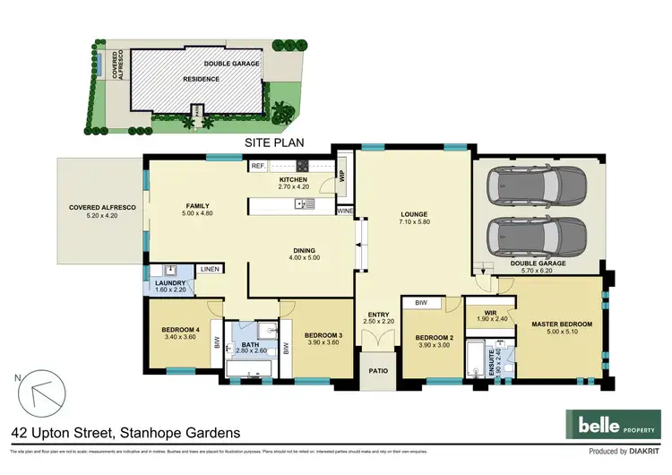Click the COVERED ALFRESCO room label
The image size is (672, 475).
click(102, 208)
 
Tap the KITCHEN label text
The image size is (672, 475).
click(293, 179)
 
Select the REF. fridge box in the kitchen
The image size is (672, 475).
click(258, 166)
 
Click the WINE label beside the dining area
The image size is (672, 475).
click(345, 211)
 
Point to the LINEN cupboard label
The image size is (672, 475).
click(210, 269)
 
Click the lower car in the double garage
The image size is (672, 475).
click(535, 238)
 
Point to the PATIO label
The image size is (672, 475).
click(377, 369)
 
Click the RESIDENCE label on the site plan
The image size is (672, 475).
click(202, 78)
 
